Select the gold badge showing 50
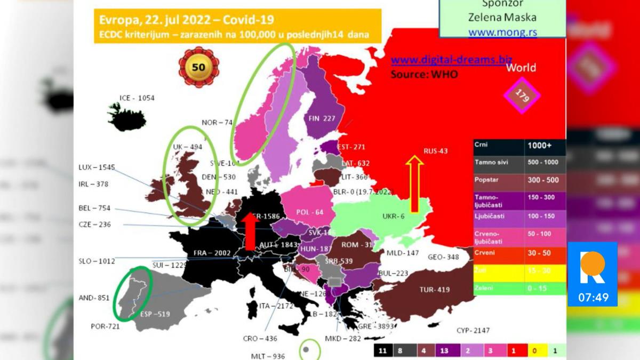pyautogui.click(x=198, y=68)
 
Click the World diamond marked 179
pyautogui.click(x=522, y=94)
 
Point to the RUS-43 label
pyautogui.click(x=435, y=151)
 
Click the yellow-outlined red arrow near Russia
pyautogui.click(x=414, y=184)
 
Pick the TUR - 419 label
pyautogui.click(x=434, y=290)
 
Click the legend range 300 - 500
pyautogui.click(x=543, y=180)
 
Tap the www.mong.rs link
pyautogui.click(x=502, y=32)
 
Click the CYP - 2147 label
pyautogui.click(x=473, y=330)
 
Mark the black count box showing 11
pyautogui.click(x=382, y=350)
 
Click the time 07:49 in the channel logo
pyautogui.click(x=593, y=297)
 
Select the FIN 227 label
pyautogui.click(x=321, y=119)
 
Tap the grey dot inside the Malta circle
pyautogui.click(x=307, y=350)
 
